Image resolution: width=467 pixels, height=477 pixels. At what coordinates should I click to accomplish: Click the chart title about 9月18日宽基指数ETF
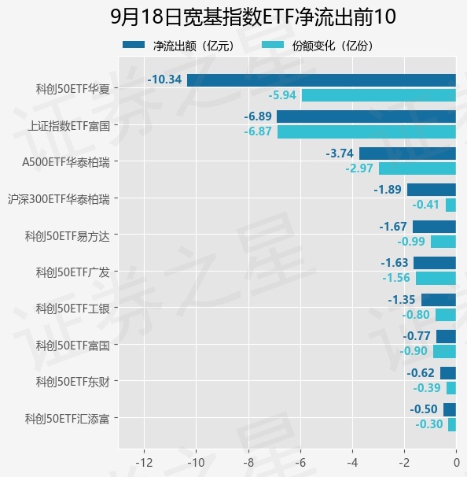253,17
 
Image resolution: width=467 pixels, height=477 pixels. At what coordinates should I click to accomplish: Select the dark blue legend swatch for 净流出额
134,45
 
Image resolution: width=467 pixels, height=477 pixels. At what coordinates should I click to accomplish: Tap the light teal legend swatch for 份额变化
273,45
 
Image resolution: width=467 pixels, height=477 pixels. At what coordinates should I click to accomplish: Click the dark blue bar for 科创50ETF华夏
322,80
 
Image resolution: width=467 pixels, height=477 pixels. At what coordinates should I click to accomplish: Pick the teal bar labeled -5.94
379,95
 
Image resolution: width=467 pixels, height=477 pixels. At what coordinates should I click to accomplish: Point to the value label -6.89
258,116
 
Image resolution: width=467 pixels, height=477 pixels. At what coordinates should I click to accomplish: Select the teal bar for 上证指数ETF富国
366,132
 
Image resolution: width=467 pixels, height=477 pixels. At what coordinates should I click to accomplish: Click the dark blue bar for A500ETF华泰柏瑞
407,153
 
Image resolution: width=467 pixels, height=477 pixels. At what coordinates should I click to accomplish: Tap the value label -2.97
359,168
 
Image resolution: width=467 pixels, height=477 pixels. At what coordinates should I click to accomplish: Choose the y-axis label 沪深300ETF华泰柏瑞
59,199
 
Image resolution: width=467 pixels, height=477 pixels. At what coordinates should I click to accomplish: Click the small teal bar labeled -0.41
450,205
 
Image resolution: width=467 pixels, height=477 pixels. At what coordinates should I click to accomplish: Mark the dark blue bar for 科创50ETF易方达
434,227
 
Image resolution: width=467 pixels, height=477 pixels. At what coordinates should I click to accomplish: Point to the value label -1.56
396,278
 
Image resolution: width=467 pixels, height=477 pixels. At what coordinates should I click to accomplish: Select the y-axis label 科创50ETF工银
72,309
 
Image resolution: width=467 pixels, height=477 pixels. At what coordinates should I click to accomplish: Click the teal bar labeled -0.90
444,351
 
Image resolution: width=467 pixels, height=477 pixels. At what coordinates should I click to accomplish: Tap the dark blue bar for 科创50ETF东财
448,373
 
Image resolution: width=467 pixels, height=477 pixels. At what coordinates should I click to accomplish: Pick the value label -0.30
429,424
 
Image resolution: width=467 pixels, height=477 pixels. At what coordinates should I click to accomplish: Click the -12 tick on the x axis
144,463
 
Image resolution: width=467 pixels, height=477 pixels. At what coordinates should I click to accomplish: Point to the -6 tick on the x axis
300,463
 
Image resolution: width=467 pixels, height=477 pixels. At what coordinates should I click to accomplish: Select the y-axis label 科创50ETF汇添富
67,419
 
